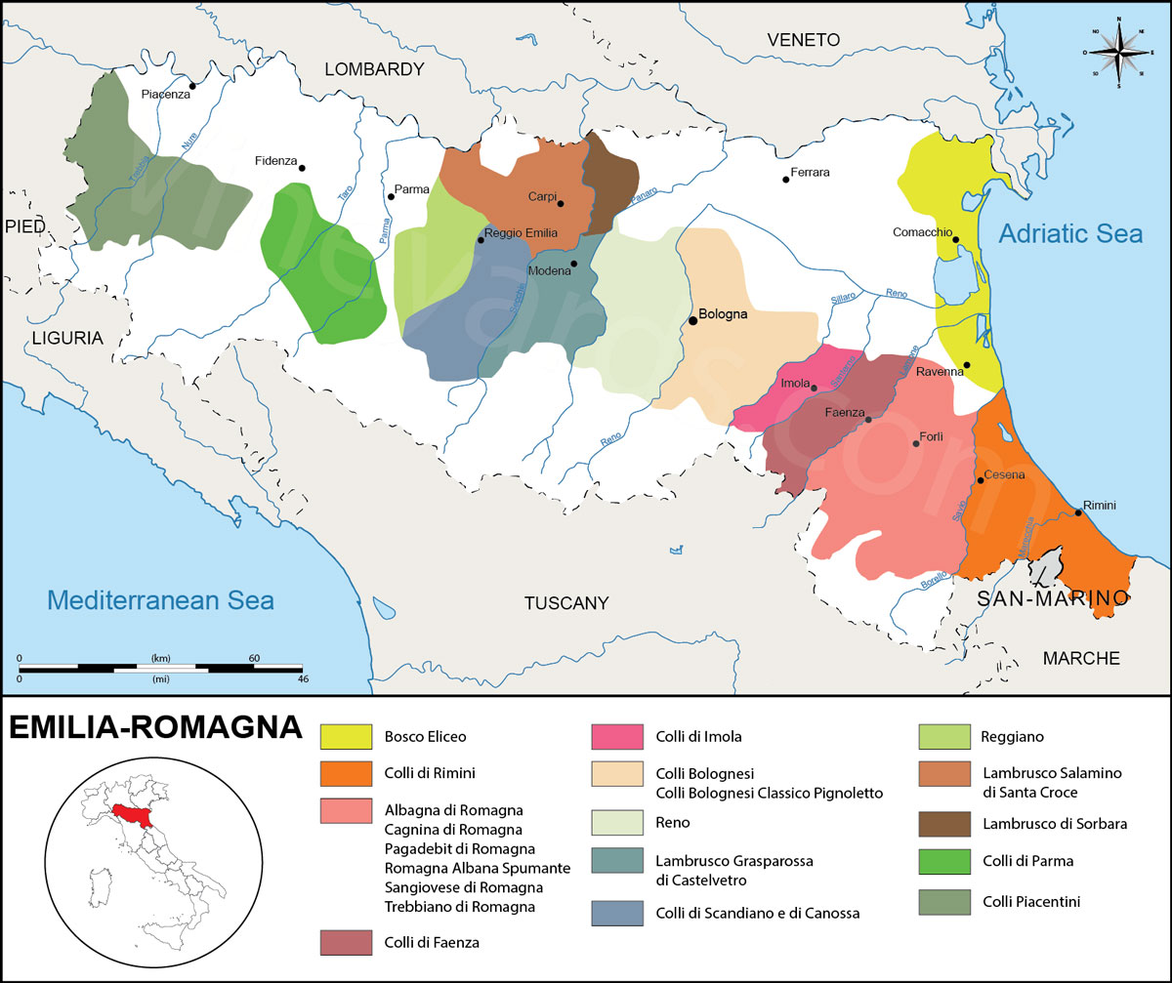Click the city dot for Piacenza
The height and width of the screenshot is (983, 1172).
pos(192,86)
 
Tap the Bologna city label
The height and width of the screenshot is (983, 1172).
pos(723,314)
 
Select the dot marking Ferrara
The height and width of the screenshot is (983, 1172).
pos(785,180)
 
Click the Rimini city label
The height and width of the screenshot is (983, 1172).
pos(1099,505)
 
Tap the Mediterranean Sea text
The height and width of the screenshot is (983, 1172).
pos(162,599)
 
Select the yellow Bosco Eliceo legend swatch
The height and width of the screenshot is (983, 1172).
pos(347,737)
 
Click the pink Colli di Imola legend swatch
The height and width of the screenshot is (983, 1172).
pos(618,737)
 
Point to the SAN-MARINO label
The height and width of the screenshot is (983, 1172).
pos(1048,597)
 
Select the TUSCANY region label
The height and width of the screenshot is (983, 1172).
pos(566,603)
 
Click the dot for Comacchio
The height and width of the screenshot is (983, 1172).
pos(956,239)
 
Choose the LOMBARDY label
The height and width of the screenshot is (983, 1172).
pos(374,69)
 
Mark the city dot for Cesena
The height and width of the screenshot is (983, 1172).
pos(980,480)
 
